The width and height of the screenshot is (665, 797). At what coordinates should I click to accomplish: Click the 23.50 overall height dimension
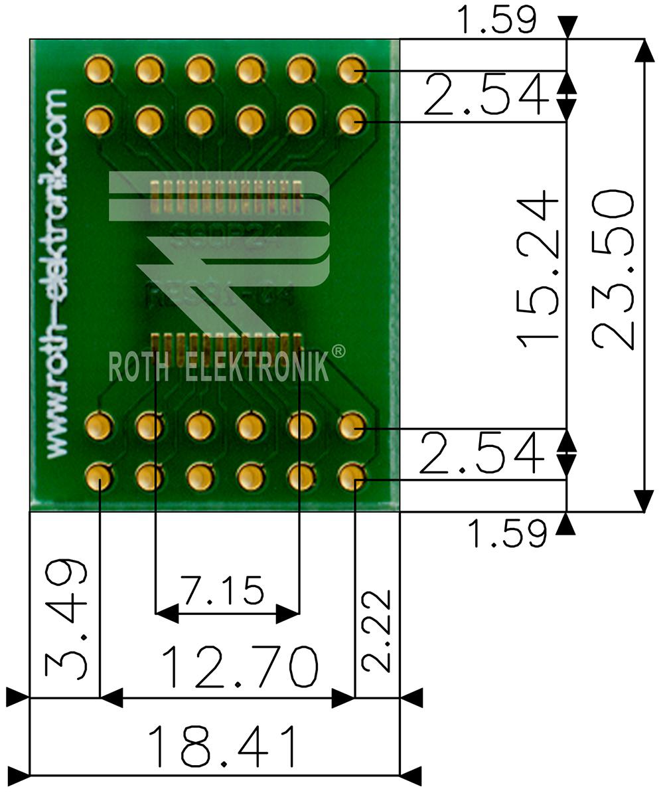[614, 269]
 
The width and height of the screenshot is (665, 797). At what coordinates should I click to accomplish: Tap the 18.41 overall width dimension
[222, 746]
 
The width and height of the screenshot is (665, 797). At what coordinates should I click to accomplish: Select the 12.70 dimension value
[240, 667]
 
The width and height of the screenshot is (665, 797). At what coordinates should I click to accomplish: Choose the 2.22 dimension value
[377, 631]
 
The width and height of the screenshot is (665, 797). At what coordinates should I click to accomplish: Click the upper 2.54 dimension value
[488, 95]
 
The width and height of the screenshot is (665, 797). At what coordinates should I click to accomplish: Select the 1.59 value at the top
[498, 20]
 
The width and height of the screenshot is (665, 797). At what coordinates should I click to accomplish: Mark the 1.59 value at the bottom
[508, 532]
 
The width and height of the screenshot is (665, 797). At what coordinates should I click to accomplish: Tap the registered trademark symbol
[338, 350]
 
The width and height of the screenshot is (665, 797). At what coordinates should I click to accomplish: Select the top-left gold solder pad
[99, 69]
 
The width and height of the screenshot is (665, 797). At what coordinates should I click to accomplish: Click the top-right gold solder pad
[351, 69]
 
